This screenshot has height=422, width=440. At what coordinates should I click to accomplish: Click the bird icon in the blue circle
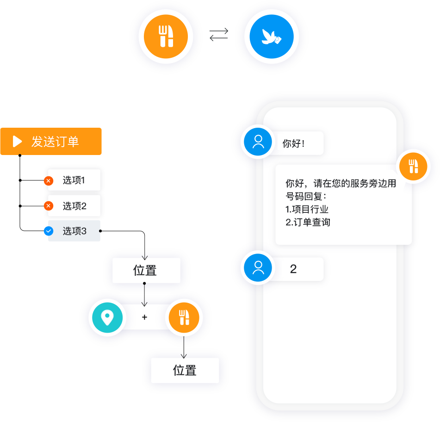click(272, 37)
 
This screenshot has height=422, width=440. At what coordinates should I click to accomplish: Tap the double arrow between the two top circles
click(219, 35)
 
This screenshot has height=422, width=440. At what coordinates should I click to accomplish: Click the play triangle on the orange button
click(17, 141)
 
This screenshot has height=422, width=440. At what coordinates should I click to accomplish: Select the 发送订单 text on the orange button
click(55, 142)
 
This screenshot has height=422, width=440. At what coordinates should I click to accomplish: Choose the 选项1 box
click(74, 180)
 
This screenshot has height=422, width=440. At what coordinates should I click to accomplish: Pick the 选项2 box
click(74, 206)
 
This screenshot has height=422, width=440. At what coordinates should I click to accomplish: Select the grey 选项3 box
click(74, 231)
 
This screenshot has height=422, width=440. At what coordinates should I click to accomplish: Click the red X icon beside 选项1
click(49, 181)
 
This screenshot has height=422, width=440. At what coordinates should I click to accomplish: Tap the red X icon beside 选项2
click(49, 206)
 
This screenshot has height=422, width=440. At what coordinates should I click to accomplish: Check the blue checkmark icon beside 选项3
click(49, 231)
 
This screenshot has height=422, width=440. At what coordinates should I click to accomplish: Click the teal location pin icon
click(107, 317)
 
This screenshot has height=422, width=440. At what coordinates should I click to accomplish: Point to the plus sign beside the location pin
click(144, 317)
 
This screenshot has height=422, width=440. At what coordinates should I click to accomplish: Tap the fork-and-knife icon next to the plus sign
click(184, 317)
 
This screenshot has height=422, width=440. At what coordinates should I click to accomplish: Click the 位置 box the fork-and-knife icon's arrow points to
click(185, 370)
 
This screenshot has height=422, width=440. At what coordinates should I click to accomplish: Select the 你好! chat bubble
click(296, 143)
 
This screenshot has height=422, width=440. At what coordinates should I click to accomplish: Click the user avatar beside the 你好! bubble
click(258, 141)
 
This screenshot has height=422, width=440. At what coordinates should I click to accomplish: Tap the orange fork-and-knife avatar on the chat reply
click(413, 166)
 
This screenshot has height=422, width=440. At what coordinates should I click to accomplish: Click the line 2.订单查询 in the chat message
click(308, 222)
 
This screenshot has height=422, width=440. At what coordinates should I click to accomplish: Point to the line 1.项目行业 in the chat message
click(307, 209)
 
